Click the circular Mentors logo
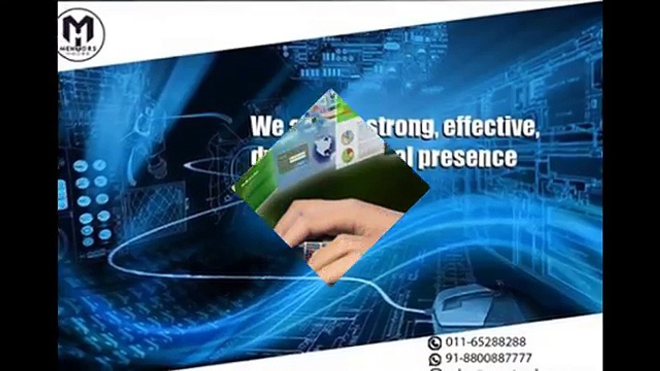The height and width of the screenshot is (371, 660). coord(81,35)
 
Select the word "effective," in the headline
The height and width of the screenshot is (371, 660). coord(490,127)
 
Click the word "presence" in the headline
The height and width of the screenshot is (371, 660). coord(467,158)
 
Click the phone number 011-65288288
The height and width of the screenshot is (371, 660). coord(485,342)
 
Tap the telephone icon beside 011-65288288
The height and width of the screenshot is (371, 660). coord(435,342)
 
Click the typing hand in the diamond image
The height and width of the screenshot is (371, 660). coord(335,232)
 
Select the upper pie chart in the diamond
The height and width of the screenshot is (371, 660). coord(348,137)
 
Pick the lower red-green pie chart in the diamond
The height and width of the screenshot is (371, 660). coord(349,154)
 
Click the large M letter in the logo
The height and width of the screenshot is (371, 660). coord(78,29)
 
